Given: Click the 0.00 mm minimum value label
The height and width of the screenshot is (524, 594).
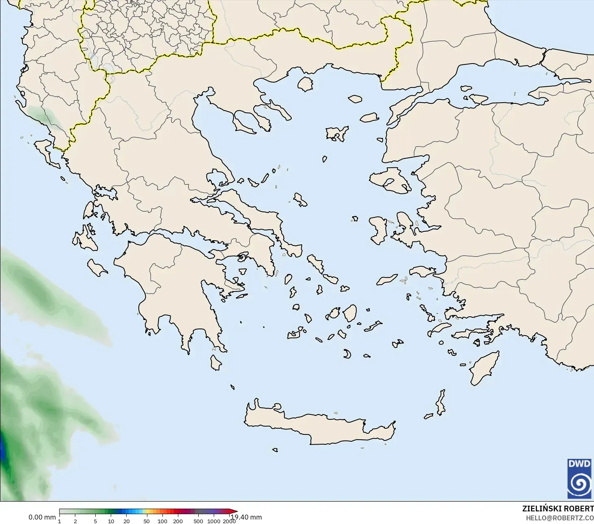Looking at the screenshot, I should point(42,517).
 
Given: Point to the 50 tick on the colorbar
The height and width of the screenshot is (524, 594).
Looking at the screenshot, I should point(147,521).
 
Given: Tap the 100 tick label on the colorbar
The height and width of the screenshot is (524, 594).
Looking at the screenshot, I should point(162,521).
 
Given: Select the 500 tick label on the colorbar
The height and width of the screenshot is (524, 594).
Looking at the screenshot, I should point(198,521).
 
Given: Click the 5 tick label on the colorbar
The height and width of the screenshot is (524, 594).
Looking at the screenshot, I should point(95,521).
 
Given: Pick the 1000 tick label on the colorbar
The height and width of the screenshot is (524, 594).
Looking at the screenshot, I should point(213,521).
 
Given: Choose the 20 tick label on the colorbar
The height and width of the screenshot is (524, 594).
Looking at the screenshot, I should point(127,521).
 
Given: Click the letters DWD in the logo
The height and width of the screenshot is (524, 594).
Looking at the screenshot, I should point(579,464).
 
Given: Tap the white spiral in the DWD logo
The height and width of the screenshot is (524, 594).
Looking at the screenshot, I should point(579,484).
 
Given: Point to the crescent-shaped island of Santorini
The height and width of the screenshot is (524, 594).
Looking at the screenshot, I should point(347,354).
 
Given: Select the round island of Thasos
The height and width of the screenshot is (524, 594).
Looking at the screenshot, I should point(305,84).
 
